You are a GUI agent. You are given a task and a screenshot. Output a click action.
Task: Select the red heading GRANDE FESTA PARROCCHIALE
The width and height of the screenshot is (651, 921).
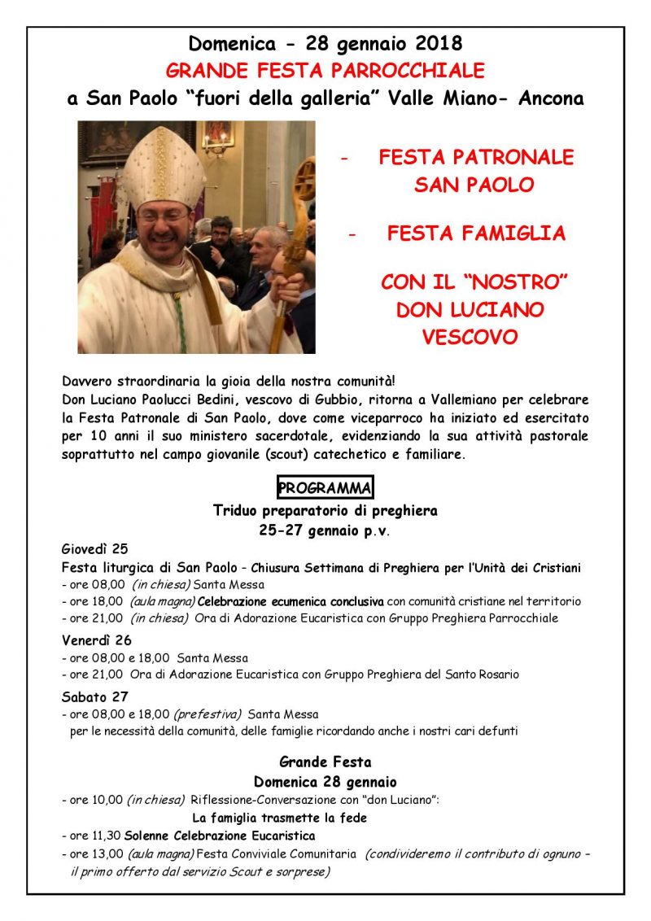pos(325,70)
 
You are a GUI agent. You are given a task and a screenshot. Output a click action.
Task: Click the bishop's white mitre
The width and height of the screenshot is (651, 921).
pos(163,167)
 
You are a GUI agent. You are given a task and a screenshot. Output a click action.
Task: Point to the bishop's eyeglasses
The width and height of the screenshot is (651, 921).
pos(163,216)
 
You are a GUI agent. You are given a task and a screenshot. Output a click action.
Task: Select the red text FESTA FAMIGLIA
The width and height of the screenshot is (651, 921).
pos(475,234)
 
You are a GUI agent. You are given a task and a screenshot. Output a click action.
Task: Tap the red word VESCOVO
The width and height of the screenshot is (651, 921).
pos(470,337)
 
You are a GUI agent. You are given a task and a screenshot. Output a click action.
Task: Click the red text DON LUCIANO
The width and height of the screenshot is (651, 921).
pos(470,310)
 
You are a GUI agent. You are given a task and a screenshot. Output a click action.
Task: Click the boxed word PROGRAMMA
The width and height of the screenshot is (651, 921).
pos(325,488)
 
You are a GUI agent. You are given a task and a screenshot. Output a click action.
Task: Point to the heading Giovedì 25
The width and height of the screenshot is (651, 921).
pos(94,548)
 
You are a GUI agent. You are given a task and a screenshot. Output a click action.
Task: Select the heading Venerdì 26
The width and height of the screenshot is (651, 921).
pos(96,639)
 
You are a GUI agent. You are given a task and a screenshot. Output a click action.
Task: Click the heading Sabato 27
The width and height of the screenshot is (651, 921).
pos(94,696)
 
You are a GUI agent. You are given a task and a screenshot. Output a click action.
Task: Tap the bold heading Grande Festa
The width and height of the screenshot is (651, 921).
pos(325,762)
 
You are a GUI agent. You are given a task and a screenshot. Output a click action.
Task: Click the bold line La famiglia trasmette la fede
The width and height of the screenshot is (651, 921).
pos(279,818)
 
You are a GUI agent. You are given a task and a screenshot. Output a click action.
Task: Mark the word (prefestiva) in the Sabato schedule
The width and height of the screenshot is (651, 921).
pos(208,714)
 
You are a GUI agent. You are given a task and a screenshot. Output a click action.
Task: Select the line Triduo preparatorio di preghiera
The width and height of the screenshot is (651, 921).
pos(325,511)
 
